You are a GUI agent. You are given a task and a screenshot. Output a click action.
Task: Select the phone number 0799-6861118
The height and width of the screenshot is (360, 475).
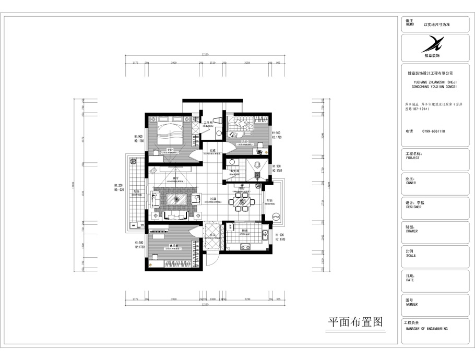click(x=434, y=131)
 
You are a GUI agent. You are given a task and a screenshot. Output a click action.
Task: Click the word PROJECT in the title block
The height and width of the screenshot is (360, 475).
click(x=412, y=158)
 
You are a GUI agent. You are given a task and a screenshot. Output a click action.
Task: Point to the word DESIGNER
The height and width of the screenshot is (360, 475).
click(x=413, y=207)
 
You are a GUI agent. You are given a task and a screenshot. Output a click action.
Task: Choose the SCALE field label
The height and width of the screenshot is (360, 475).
click(x=410, y=256)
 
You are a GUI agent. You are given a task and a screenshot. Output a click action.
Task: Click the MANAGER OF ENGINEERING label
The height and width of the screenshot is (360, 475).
click(x=426, y=329)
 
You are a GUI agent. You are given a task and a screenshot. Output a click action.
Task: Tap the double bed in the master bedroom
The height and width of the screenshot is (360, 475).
click(x=170, y=134)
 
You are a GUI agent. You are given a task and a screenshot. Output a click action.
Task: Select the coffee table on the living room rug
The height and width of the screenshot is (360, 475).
click(x=176, y=200)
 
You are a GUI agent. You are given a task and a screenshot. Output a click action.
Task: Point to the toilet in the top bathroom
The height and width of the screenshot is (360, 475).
click(x=219, y=133)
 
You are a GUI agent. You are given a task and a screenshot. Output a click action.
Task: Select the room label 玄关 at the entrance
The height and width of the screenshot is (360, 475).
click(x=212, y=235)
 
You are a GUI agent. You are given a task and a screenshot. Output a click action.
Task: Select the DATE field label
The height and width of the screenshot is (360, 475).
click(x=410, y=280)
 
